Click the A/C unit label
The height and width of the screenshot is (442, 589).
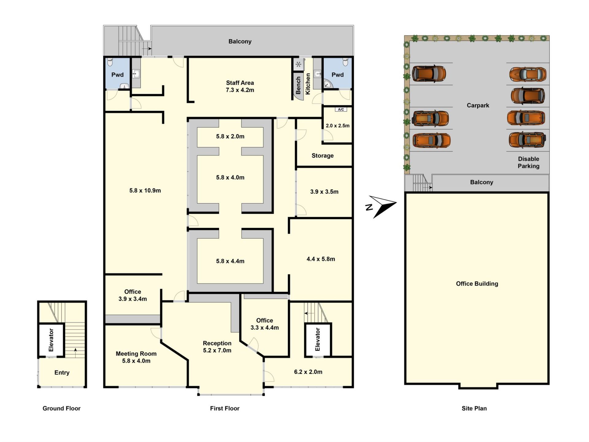click(x=341, y=109)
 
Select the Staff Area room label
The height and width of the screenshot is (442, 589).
click(x=240, y=86)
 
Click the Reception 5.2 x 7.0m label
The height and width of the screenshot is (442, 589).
click(x=217, y=347)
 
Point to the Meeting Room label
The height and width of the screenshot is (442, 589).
click(x=136, y=357)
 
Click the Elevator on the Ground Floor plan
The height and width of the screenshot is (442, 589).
click(x=51, y=340)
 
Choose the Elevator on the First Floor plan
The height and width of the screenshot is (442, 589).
click(x=318, y=339)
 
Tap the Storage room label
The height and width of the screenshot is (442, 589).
click(x=322, y=156)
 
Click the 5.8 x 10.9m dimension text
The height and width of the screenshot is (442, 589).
click(x=145, y=191)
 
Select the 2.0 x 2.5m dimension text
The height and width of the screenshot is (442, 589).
click(x=337, y=126)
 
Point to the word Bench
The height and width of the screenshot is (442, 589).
click(x=298, y=85)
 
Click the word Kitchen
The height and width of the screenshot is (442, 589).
click(x=308, y=84)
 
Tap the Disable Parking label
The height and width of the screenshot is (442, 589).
click(x=529, y=162)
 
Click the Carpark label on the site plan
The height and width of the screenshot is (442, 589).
click(x=478, y=105)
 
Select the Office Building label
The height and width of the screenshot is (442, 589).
click(x=477, y=284)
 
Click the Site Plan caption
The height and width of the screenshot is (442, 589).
click(x=474, y=408)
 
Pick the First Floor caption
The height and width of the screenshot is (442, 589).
click(x=225, y=408)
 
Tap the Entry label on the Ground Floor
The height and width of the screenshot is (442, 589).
click(x=62, y=373)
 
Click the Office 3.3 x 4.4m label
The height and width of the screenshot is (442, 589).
click(x=264, y=324)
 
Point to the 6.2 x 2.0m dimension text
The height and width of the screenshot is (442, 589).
click(x=308, y=372)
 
